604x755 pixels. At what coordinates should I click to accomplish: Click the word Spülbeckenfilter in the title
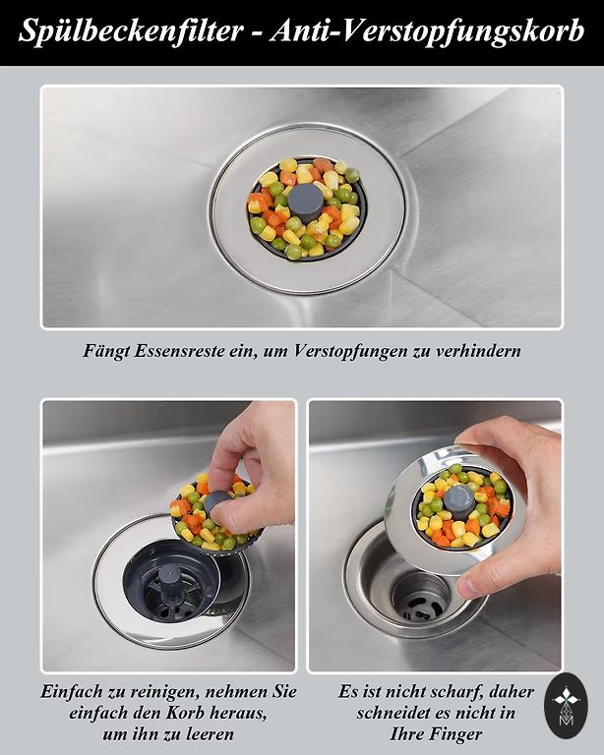point(131,31)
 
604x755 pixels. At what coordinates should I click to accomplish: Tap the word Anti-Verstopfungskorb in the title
point(427,32)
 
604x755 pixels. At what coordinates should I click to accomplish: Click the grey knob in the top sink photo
point(305,203)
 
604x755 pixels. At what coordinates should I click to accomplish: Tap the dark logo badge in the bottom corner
point(566,706)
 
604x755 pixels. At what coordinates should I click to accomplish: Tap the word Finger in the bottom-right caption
point(455,734)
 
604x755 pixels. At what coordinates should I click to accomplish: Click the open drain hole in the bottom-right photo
point(420,597)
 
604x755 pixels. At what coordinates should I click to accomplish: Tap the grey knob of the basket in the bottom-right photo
point(459,501)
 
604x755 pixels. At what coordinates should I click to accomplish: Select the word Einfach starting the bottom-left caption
point(71,692)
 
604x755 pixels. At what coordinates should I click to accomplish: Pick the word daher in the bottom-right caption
point(512,692)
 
